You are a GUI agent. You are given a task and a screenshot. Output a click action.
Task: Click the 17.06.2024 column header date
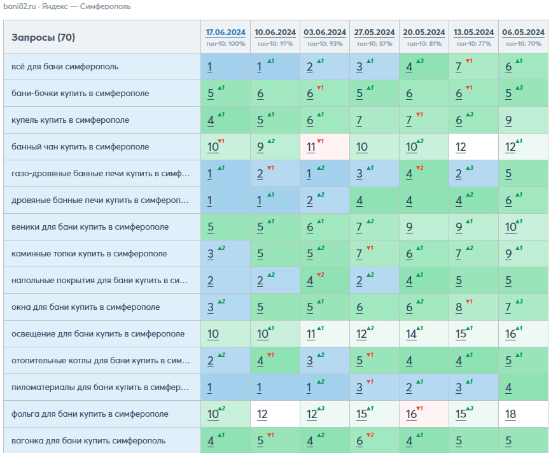click(x=226, y=32)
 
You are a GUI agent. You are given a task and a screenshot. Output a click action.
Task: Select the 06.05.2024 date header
click(x=523, y=32)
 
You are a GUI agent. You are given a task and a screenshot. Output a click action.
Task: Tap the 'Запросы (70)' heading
click(x=43, y=38)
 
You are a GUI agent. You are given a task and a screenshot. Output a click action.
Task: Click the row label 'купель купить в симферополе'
click(x=70, y=120)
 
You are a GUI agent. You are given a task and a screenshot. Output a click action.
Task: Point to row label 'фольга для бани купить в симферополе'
click(x=90, y=414)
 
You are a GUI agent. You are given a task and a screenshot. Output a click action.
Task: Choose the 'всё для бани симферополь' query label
click(x=65, y=66)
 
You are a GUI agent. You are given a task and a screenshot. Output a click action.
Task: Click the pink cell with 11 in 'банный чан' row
click(x=324, y=146)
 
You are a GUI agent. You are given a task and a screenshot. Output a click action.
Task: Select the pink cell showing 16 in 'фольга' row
click(x=424, y=414)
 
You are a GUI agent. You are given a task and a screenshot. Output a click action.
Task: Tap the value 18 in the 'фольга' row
click(x=510, y=414)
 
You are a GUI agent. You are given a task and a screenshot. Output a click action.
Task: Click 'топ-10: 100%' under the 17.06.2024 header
click(x=226, y=44)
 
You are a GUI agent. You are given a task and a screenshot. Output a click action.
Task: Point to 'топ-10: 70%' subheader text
click(x=523, y=44)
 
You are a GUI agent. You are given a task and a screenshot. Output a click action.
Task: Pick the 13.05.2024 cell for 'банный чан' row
click(x=473, y=146)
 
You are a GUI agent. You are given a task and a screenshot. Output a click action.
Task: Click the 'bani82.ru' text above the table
click(x=20, y=6)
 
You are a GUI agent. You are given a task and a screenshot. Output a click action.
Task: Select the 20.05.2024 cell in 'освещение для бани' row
click(x=424, y=334)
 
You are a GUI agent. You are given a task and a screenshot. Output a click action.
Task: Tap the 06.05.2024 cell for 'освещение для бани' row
click(x=523, y=334)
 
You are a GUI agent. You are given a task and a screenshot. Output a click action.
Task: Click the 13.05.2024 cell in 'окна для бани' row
click(x=473, y=307)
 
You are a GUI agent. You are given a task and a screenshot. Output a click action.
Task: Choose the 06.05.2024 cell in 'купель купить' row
click(x=523, y=120)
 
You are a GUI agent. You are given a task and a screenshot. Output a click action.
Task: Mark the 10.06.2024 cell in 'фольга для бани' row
click(x=275, y=414)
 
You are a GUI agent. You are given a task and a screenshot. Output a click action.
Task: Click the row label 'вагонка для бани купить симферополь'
click(x=88, y=441)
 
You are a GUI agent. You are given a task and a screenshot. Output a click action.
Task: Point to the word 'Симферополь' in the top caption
click(x=105, y=6)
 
